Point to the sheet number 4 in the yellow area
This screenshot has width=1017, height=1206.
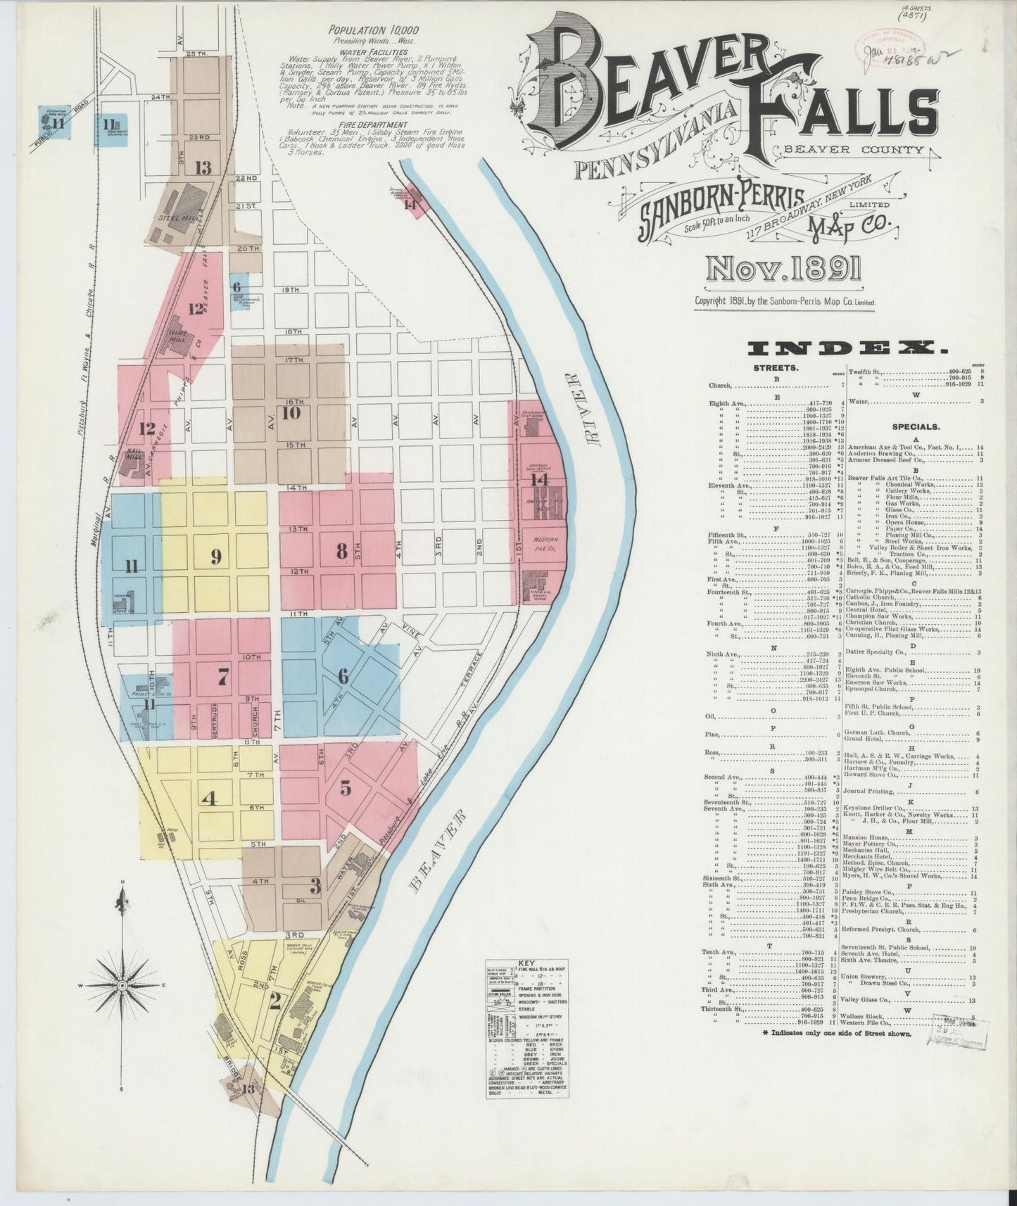208,800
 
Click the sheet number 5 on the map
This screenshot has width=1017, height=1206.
346,788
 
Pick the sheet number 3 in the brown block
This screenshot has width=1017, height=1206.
315,887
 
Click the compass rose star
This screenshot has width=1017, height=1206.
122,986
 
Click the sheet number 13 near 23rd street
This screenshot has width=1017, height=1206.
203,167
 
